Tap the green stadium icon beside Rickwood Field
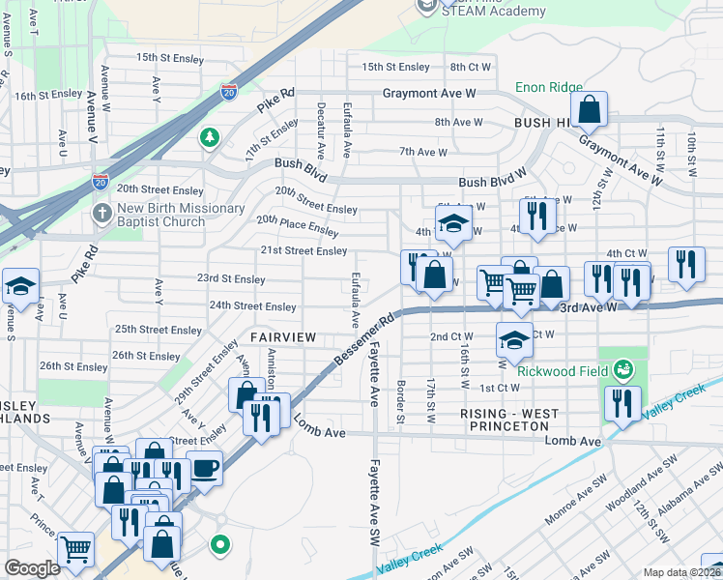(x=624, y=369)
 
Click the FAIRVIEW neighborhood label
(x=283, y=336)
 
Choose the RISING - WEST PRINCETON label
(x=509, y=420)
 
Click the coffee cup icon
(x=203, y=468)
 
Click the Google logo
(x=32, y=568)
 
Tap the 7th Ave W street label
(x=423, y=152)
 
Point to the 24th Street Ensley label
(x=253, y=306)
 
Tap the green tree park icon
(x=209, y=138)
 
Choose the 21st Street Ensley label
(x=303, y=251)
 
